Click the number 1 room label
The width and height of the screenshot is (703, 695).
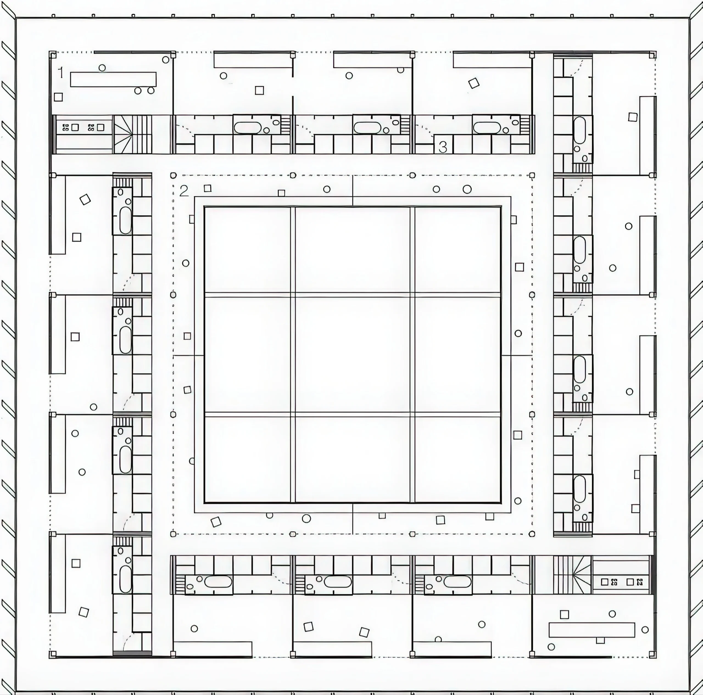coord(61,73)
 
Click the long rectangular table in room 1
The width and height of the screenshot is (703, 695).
coord(113,79)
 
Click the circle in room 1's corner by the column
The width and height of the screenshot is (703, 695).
coord(166,60)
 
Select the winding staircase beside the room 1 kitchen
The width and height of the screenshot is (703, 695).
coord(132,134)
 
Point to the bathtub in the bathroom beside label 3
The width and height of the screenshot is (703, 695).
coord(487,127)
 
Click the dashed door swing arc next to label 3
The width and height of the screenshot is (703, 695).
coord(425,130)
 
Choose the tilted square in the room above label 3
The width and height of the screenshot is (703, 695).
coord(474,83)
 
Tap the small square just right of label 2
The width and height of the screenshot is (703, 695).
coord(207,188)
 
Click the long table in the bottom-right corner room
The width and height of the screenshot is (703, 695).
coord(592,630)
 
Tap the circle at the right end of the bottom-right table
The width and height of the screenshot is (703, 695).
coord(645,630)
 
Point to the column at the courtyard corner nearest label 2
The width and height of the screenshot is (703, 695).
coord(174,176)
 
